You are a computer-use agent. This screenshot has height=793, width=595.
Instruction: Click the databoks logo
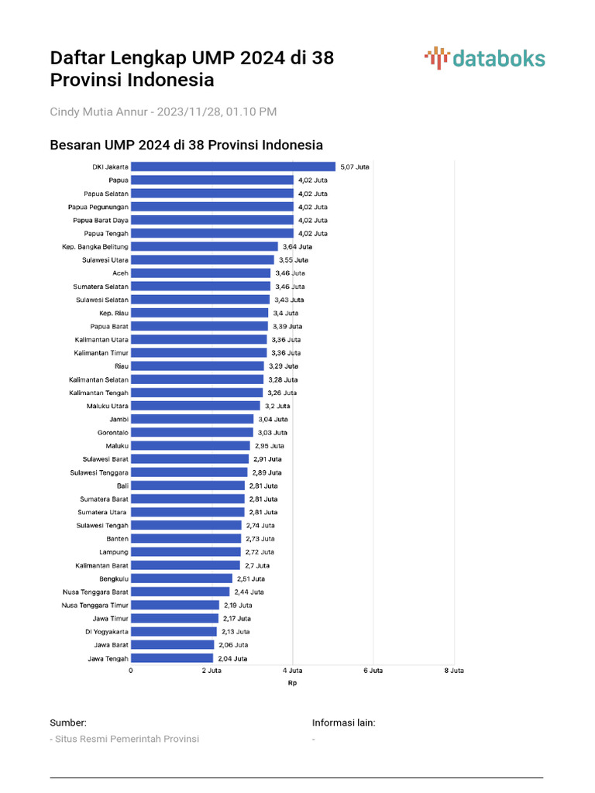tap(485, 58)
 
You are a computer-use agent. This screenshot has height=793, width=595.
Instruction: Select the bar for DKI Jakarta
tap(232, 166)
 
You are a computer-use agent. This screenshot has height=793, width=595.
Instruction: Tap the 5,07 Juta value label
tap(355, 166)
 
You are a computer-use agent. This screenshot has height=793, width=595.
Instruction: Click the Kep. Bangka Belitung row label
tap(95, 246)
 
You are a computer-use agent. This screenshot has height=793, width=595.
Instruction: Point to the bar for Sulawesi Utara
tap(202, 259)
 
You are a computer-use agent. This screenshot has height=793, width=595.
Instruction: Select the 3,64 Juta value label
tap(297, 246)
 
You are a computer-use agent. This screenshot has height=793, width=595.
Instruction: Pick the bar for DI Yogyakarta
tap(174, 631)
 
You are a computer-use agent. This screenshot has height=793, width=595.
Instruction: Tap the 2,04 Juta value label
tap(232, 658)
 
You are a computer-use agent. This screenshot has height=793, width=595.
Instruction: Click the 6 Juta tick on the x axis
tap(373, 671)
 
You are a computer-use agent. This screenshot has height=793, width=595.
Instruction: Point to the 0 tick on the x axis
tap(130, 671)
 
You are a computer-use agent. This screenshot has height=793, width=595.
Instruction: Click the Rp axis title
tap(292, 683)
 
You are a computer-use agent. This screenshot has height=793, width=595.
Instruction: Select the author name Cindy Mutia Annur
tap(99, 112)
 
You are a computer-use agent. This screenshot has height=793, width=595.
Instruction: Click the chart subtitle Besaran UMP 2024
tap(186, 145)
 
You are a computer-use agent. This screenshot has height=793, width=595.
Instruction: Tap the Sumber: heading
tap(68, 723)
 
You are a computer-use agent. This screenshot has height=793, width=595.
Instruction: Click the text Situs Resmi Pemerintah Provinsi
tap(126, 739)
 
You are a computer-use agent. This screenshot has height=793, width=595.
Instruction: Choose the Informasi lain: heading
tap(343, 723)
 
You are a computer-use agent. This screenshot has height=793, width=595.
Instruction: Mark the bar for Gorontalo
tap(191, 432)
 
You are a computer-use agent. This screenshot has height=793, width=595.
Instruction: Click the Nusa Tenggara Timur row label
tap(95, 605)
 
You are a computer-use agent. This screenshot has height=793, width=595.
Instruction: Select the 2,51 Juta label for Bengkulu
tap(250, 578)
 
